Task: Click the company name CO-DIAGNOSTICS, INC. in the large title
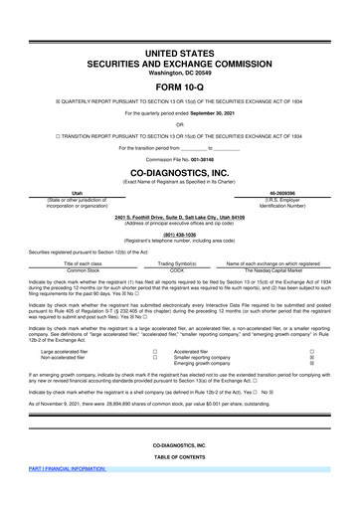180,170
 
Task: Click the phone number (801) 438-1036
179,234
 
